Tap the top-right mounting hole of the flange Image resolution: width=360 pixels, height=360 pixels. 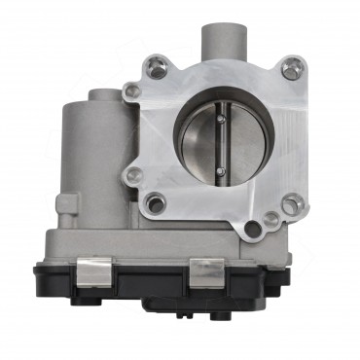coord(289,68)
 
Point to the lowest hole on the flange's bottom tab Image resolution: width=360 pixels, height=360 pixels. coord(253,230)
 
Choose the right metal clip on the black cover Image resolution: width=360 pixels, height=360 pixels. coord(206,273)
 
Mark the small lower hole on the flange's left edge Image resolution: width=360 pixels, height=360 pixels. coord(134,175)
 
